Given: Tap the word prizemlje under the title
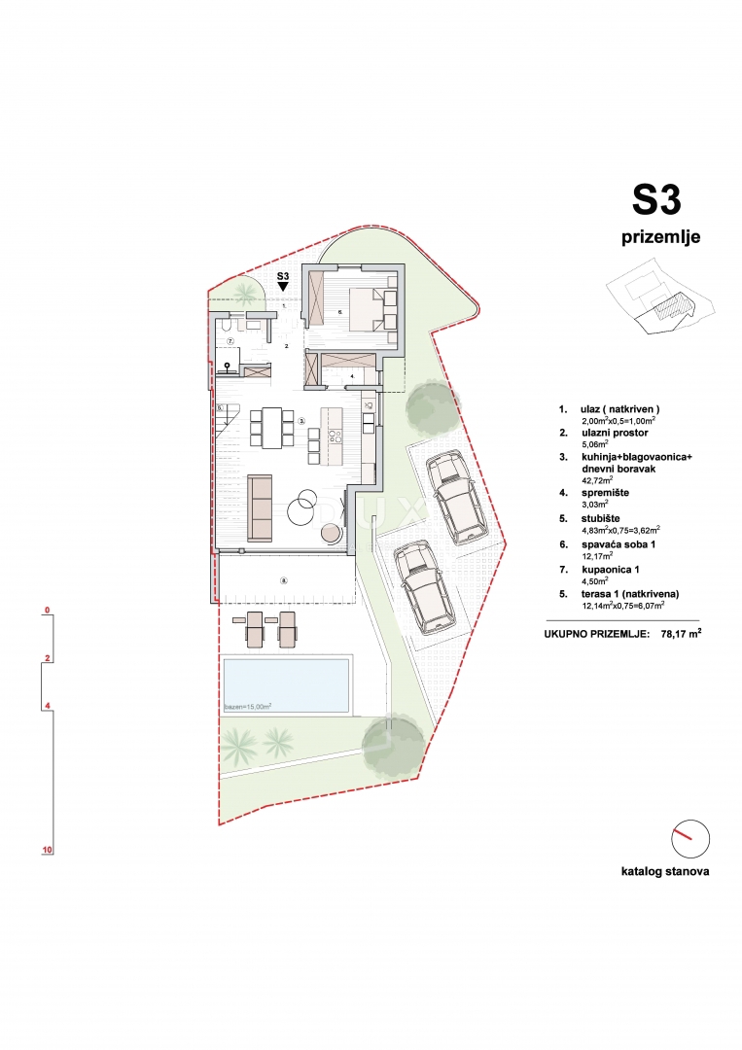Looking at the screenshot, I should coord(661,237).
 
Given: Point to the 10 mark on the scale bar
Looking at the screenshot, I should coord(47,850).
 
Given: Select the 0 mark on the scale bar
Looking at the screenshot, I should coord(47,611).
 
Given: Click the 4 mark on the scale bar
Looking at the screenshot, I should coord(47,706).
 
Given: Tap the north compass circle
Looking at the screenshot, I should coord(690,839).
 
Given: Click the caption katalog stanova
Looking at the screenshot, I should coord(665,871).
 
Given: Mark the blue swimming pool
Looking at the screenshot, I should coord(285,684).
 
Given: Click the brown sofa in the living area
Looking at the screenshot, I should coord(260,507).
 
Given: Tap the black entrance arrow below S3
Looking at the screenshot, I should coord(283,288).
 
